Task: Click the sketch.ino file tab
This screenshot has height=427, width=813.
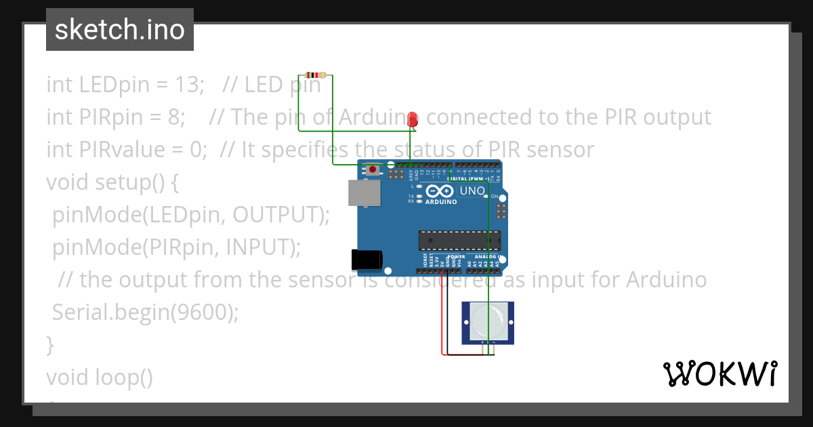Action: point(120,30)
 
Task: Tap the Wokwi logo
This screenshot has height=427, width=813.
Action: point(720,373)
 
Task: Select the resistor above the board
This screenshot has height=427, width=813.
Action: point(315,75)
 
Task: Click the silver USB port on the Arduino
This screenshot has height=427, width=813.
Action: point(364,192)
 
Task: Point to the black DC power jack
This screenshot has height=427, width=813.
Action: point(367,260)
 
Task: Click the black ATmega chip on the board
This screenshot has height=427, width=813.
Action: point(459,240)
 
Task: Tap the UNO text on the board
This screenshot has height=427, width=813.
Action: point(472,190)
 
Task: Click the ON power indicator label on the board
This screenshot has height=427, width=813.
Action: point(495,197)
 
